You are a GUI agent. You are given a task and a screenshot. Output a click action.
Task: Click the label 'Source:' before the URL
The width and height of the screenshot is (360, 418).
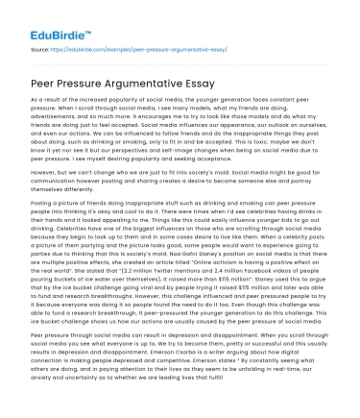click(x=40, y=46)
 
